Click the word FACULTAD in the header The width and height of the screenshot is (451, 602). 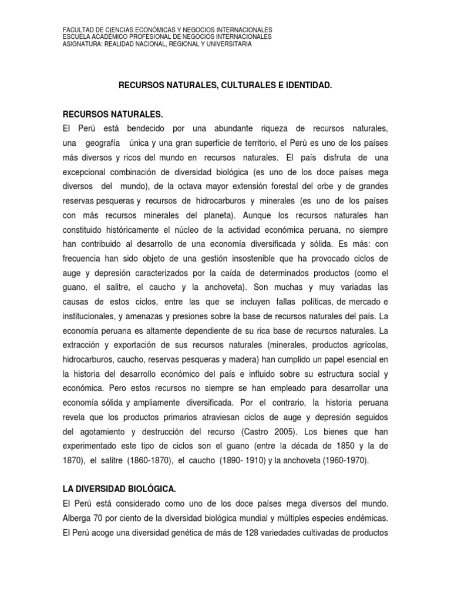click(77, 29)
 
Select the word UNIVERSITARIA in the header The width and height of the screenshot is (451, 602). click(228, 44)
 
